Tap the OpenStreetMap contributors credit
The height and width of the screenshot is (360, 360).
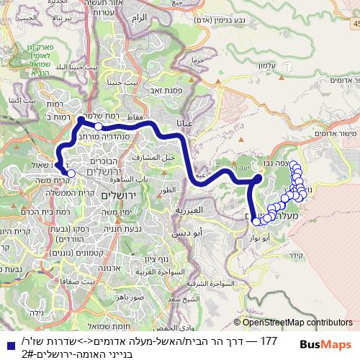tap(294, 323)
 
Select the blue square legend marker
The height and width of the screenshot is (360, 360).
tap(6, 341)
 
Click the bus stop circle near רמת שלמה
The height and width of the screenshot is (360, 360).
tap(99, 126)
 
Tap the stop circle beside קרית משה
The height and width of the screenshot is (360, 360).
tap(71, 173)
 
